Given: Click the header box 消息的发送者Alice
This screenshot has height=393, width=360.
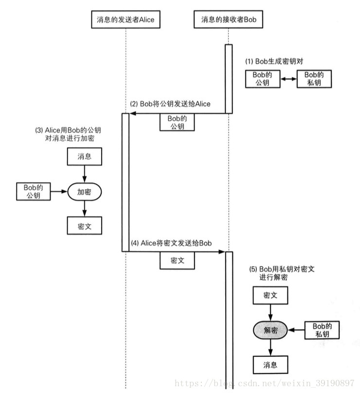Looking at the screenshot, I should point(126,19).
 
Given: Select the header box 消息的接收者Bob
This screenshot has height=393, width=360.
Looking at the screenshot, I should point(229,19).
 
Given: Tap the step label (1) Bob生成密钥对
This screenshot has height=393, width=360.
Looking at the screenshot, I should point(277,62).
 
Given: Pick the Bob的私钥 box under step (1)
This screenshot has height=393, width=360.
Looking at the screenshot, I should point(314,79).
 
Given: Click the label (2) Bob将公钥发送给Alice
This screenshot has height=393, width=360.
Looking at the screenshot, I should point(170,104).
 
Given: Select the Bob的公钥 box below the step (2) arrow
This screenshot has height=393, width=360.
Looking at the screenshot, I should point(177,122).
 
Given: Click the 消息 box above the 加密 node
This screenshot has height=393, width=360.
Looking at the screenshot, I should point(85,157).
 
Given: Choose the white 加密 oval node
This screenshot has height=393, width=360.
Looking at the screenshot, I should point(85,192).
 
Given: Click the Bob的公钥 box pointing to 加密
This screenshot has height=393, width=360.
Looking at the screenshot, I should point(34,192).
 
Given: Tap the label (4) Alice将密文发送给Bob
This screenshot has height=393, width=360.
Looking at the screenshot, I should point(171,243).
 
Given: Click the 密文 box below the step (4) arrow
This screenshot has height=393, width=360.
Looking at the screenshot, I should point(177,261).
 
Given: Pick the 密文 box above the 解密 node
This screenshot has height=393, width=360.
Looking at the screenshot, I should point(270,295).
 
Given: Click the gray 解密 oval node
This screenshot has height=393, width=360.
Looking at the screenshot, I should point(270,330).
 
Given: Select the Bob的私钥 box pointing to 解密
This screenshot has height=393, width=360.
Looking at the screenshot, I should point(322,330).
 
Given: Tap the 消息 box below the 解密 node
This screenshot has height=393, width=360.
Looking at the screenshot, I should point(270,364).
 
